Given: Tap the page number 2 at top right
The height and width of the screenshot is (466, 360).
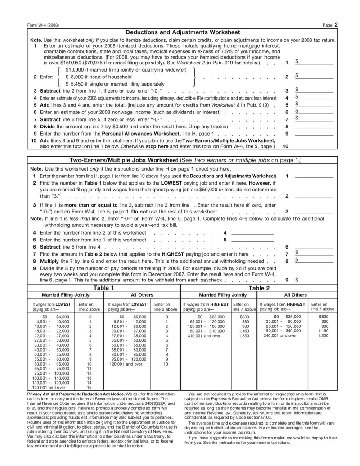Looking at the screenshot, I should [336, 25].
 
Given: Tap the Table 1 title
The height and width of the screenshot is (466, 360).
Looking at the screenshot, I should [103, 288].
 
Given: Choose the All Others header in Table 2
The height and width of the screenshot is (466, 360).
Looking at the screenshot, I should [296, 295].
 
